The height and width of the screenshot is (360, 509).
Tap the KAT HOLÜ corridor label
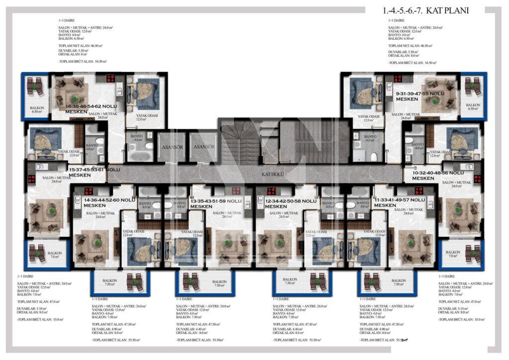[272, 175]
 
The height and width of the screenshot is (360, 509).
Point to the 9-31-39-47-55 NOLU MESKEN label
[420, 96]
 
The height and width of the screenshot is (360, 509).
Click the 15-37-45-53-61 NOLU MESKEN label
[94, 173]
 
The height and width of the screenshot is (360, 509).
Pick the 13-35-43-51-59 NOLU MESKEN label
[216, 203]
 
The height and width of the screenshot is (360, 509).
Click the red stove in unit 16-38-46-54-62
[111, 78]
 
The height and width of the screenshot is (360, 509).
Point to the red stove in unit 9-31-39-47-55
[398, 78]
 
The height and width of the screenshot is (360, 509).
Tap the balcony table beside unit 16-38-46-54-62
[35, 87]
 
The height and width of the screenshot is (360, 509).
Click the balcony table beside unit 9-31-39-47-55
[473, 87]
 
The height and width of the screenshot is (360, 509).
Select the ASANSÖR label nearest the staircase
[204, 147]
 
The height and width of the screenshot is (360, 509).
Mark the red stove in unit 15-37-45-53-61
[31, 178]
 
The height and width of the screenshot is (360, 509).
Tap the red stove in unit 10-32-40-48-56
[476, 178]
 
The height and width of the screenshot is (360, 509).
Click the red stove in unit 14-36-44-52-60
[88, 191]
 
